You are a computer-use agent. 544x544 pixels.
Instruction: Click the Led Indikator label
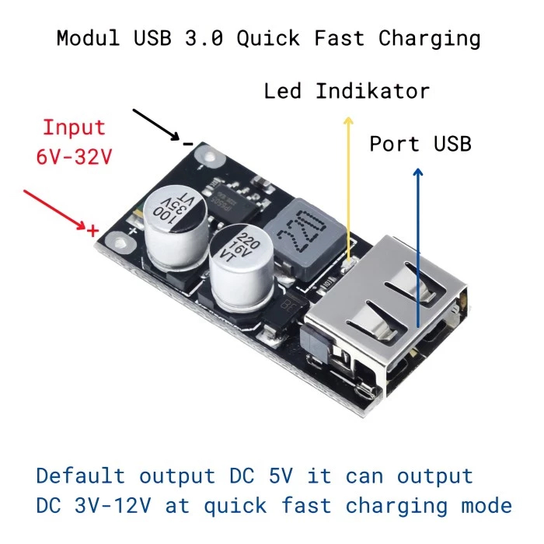[x=347, y=91]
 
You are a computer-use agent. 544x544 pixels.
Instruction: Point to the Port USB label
[x=420, y=144]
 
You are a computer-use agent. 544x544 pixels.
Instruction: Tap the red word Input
[x=74, y=127]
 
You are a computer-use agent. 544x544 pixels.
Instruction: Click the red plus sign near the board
[x=92, y=230]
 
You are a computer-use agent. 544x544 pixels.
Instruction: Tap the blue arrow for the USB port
[x=418, y=249]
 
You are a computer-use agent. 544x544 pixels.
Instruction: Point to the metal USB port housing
[x=381, y=311]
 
